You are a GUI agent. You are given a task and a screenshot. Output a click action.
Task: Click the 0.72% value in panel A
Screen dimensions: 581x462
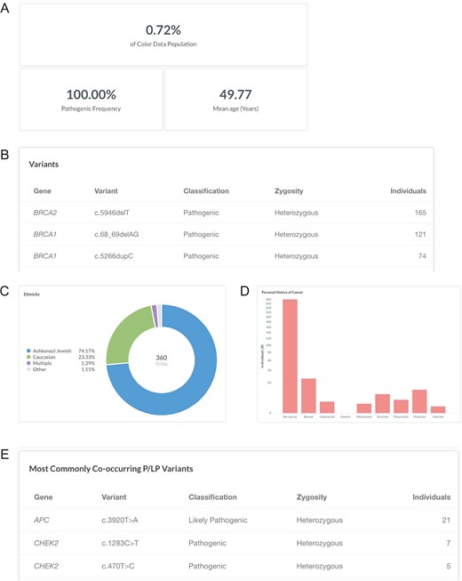(158, 29)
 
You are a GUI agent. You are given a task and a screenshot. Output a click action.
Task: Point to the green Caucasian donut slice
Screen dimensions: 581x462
(122, 335)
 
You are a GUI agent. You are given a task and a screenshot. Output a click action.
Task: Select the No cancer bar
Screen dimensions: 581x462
(290, 356)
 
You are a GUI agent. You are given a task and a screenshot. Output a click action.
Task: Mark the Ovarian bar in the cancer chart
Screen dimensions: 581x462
(382, 403)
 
